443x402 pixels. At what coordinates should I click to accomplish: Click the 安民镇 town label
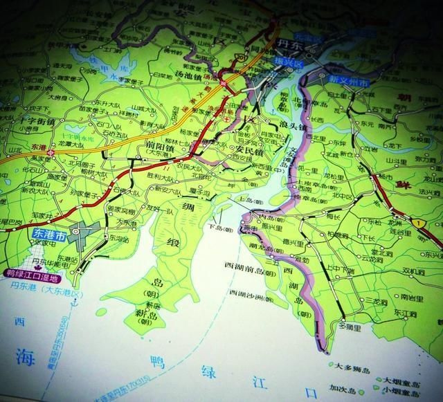point(248,149)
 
